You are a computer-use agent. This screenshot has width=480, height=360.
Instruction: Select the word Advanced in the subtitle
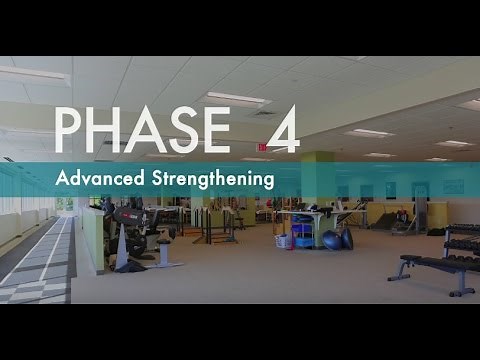[x=99, y=181]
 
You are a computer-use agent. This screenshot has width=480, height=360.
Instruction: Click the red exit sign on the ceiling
[x=262, y=147]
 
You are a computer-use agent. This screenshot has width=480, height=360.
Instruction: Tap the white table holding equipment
[x=305, y=214]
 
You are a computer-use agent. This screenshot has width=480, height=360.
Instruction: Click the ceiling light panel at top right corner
[x=469, y=104]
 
